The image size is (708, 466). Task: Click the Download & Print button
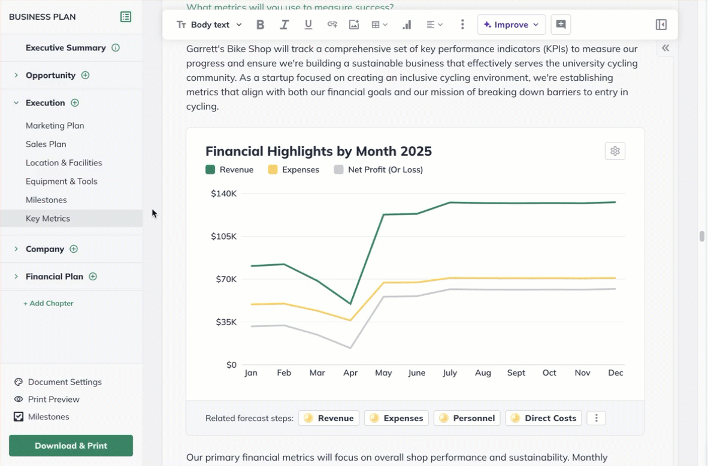[x=71, y=446]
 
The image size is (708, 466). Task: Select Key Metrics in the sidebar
[x=48, y=219]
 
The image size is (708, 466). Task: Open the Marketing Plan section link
[x=55, y=126]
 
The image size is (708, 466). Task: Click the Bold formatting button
[x=260, y=25]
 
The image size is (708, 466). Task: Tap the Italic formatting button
[x=284, y=25]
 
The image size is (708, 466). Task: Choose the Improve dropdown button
[x=511, y=25]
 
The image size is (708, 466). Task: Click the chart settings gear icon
[x=615, y=151]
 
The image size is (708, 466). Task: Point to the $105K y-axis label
[x=224, y=237]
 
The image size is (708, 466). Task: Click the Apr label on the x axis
[x=350, y=373]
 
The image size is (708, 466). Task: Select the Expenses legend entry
[x=294, y=170]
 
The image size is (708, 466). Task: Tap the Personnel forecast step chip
[x=467, y=418]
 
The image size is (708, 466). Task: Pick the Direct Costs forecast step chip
[x=543, y=418]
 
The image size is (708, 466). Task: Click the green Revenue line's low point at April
[x=350, y=304]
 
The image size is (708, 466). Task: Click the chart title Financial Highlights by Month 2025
[x=318, y=151]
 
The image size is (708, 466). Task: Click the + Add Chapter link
[x=49, y=304]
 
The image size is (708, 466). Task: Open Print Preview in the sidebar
[x=53, y=400]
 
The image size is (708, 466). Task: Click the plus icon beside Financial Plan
[x=93, y=277]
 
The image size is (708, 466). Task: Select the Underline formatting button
[x=308, y=25]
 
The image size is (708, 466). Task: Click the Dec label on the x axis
[x=615, y=373]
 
